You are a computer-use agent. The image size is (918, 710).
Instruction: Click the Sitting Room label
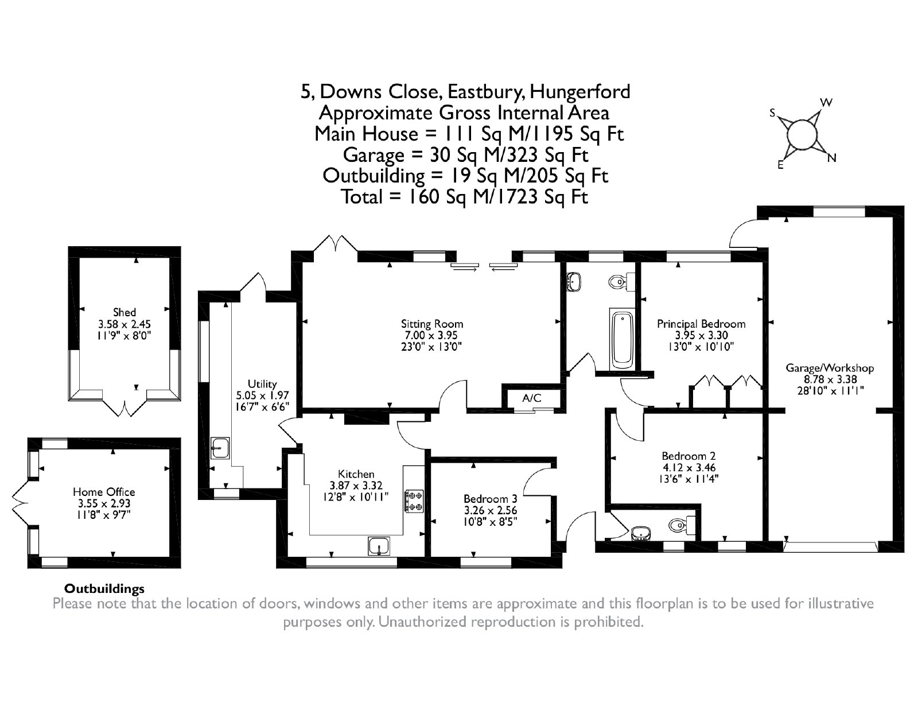(x=432, y=324)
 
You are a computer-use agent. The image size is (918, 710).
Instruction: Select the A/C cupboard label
(x=531, y=398)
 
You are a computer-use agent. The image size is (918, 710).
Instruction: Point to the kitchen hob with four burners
(x=414, y=501)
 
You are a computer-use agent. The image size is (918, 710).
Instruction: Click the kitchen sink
(x=379, y=545)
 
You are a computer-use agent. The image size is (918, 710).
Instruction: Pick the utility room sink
(x=220, y=448)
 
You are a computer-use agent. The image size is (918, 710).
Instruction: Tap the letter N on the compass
(x=831, y=158)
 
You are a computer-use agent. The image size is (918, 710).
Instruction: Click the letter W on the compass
(x=826, y=102)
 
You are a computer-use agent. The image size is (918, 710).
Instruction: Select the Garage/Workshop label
(x=830, y=368)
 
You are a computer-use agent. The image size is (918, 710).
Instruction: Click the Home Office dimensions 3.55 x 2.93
(x=104, y=503)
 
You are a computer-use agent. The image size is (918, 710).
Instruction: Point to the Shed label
(x=124, y=312)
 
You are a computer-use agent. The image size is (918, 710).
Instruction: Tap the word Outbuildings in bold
(x=104, y=589)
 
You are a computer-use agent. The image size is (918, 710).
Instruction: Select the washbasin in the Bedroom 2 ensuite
(x=641, y=534)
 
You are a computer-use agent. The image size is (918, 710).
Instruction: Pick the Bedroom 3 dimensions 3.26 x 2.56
(x=490, y=510)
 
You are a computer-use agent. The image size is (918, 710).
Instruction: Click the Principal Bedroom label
(x=701, y=324)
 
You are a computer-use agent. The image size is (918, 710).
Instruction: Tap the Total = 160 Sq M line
(x=464, y=197)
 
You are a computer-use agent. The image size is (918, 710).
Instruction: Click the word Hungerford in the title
(x=580, y=92)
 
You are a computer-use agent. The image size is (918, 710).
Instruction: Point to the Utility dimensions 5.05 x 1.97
(x=262, y=395)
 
